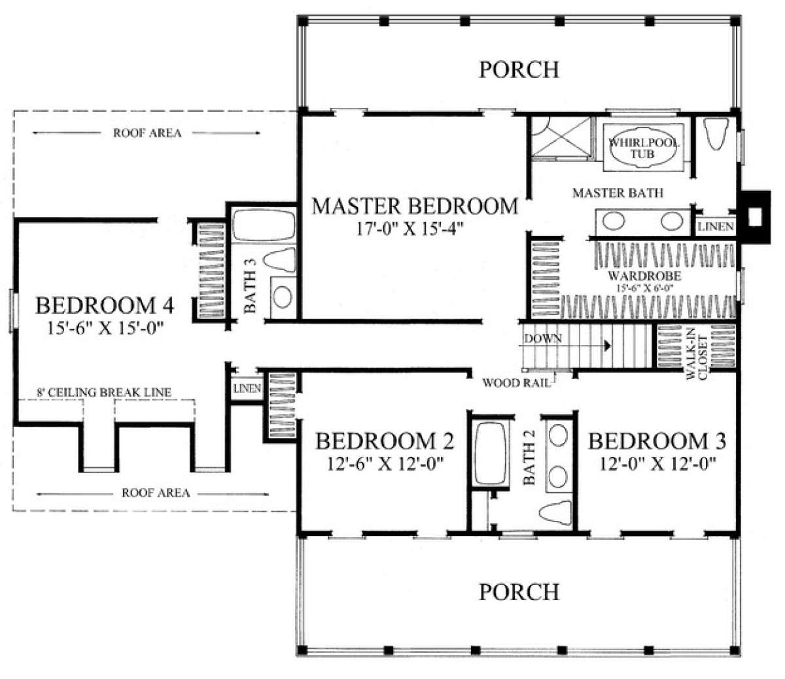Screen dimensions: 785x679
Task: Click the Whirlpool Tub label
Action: [643, 148]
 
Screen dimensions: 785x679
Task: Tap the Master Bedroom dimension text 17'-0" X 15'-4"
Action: [410, 229]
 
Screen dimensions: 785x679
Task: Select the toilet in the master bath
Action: [716, 134]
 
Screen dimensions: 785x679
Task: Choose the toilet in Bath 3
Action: [279, 260]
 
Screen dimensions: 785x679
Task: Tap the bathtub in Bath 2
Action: [490, 454]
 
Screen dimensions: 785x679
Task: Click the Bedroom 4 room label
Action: [105, 306]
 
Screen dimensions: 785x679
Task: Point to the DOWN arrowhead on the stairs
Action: [608, 346]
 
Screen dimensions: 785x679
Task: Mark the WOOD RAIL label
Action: [516, 383]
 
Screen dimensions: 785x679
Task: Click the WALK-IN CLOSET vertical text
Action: [697, 357]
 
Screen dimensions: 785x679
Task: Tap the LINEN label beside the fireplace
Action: [716, 227]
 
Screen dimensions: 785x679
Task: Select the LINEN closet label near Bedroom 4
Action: [247, 388]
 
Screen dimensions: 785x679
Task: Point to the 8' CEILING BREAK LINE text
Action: [103, 392]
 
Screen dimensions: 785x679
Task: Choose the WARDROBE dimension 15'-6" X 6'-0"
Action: [644, 288]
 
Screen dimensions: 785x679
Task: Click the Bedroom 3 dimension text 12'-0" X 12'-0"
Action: [657, 463]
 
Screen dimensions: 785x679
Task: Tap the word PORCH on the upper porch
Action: [519, 69]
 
